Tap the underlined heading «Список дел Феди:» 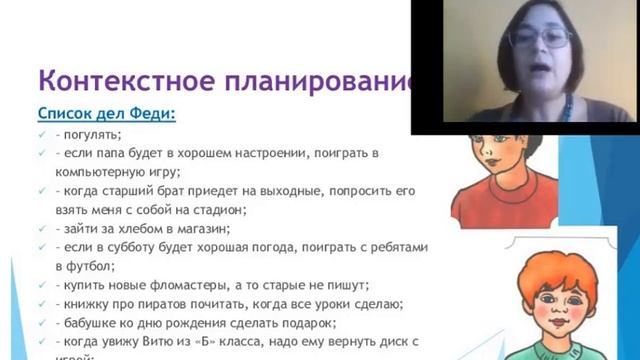106,114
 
